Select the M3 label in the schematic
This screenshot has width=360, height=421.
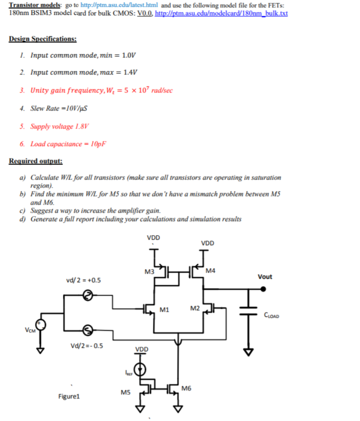point(149,272)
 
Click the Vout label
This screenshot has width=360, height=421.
point(264,277)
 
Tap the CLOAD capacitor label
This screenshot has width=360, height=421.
point(271,316)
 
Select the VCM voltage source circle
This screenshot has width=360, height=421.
point(40,325)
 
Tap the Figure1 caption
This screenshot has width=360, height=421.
point(69,397)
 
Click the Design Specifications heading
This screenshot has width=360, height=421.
point(43,39)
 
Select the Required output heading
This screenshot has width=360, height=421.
point(35,161)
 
